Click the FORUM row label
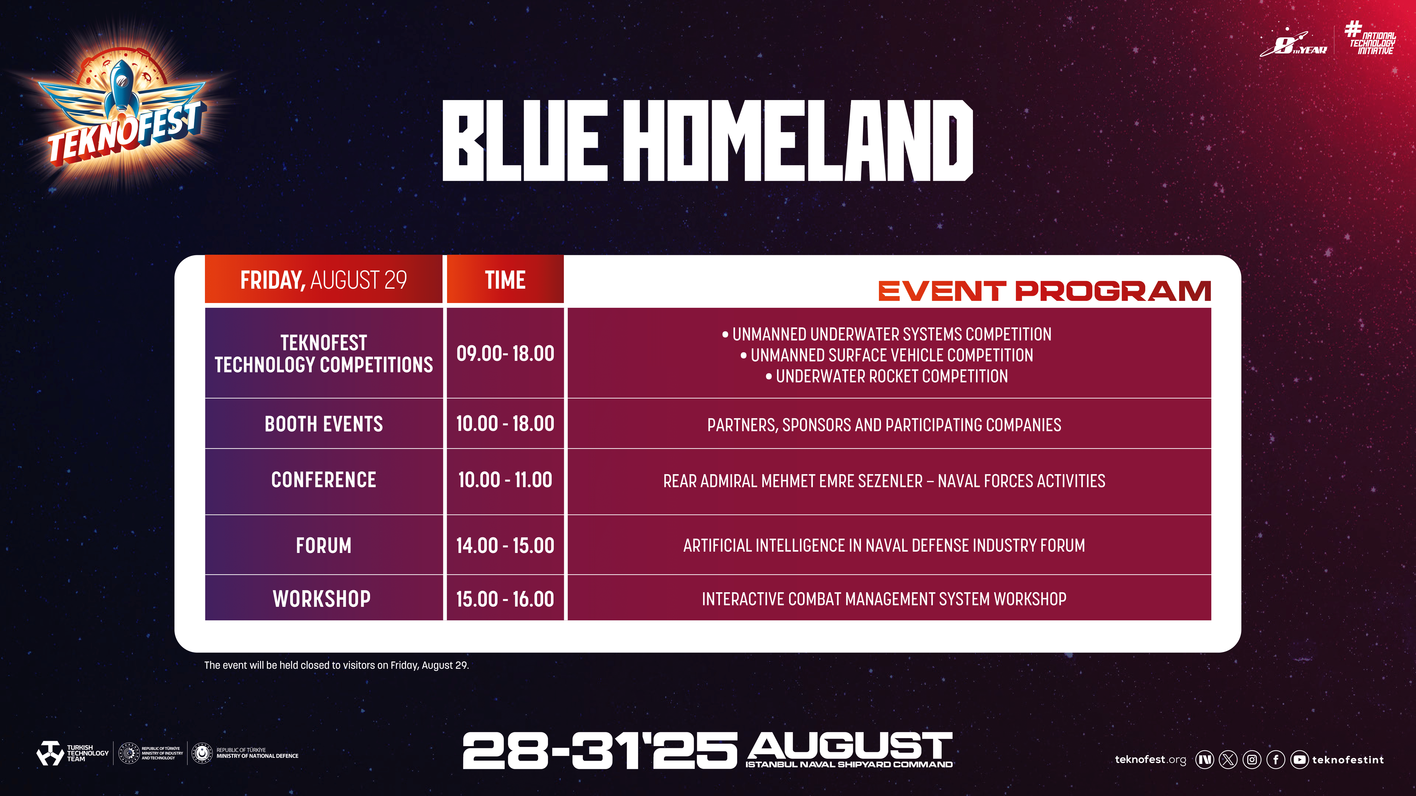324,546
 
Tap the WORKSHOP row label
322,599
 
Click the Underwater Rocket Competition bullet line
887,376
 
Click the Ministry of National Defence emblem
202,753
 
